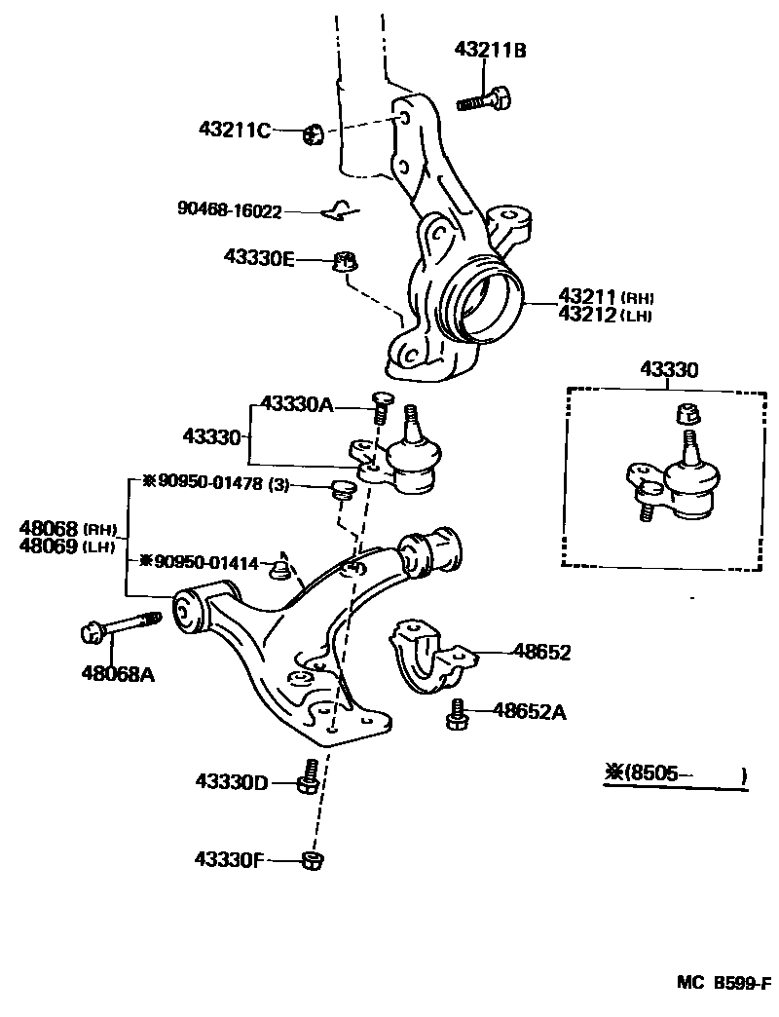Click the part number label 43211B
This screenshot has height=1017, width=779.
tap(490, 51)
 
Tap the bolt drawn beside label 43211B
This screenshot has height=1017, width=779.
tap(484, 98)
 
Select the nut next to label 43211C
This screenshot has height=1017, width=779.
tap(313, 133)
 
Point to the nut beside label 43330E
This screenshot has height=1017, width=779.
tap(343, 261)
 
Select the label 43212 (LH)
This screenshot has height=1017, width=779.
tap(604, 315)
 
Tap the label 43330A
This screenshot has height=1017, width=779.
tap(297, 404)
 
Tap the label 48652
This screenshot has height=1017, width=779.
tap(541, 653)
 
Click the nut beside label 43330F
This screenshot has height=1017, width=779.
tap(312, 860)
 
